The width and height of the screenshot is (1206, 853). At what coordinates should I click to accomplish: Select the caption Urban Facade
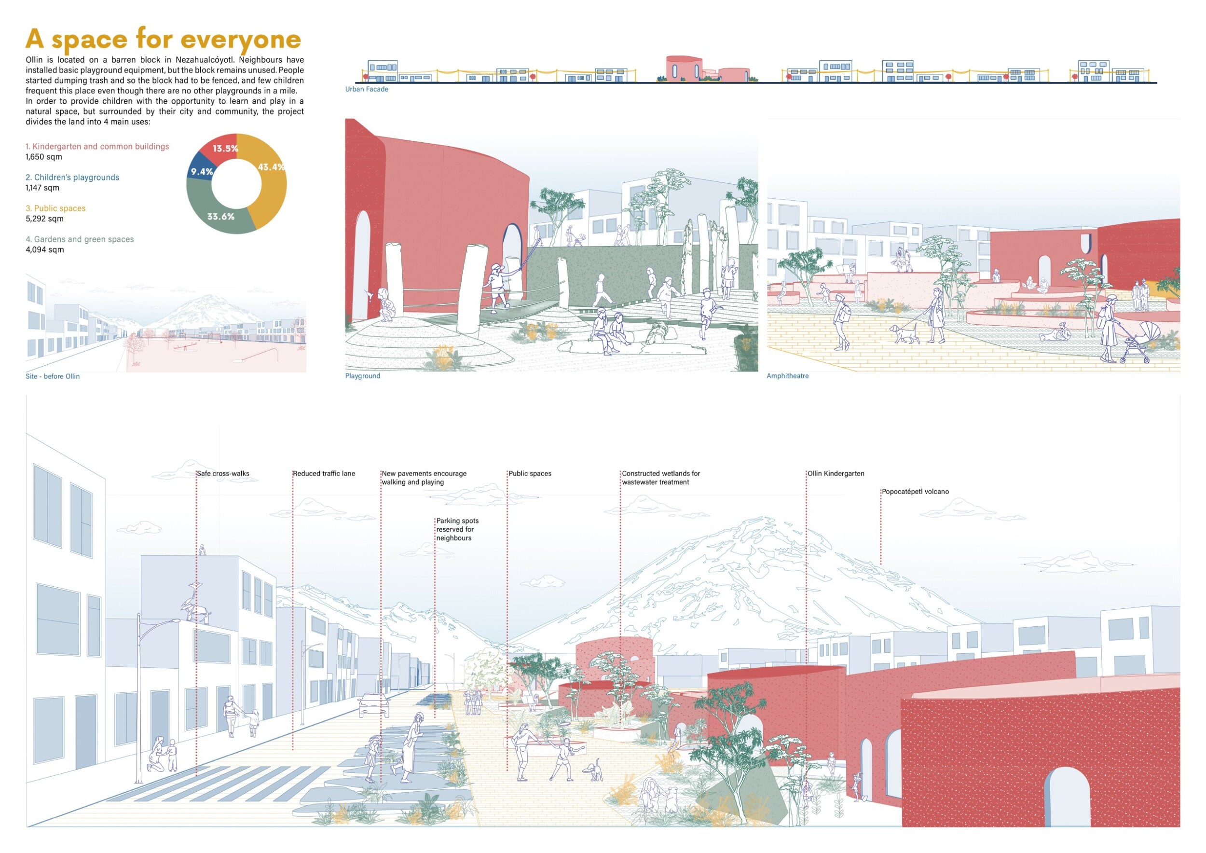pos(367,89)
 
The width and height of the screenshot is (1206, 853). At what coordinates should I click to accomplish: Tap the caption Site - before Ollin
pos(53,376)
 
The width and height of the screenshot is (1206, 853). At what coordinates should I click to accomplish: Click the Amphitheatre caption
pos(787,375)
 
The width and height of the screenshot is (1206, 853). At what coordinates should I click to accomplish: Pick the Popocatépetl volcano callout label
pos(915,492)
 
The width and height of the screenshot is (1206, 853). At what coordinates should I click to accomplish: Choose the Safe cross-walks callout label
pos(223,473)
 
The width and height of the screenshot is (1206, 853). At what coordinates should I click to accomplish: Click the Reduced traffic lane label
pos(324,473)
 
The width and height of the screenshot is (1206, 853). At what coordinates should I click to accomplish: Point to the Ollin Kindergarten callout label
pos(836,473)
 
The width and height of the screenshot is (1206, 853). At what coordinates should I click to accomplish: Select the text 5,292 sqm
pos(45,219)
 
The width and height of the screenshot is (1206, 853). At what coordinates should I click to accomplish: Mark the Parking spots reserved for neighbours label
pos(457,529)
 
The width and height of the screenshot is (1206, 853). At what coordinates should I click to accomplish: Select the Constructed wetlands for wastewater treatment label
pos(661,478)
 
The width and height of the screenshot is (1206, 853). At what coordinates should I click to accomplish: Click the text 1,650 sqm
pos(43,156)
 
